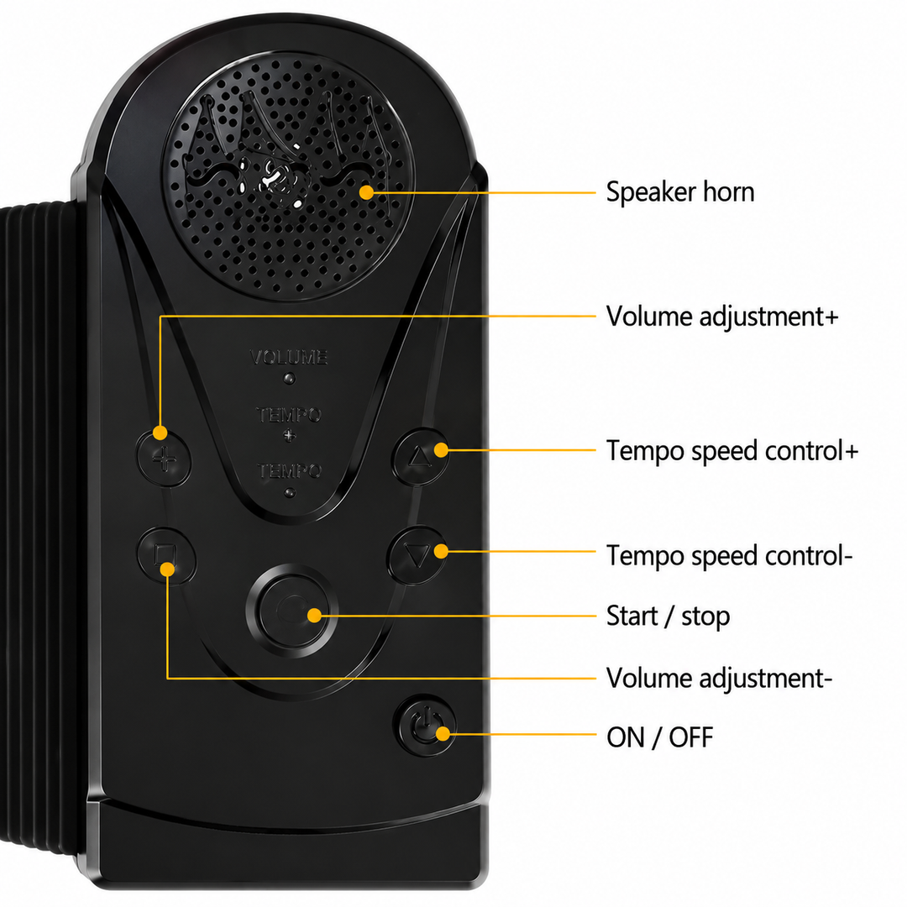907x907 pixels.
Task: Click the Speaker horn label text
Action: [x=680, y=192]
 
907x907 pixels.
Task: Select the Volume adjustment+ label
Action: [x=722, y=317]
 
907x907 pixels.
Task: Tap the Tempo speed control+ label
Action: [x=732, y=451]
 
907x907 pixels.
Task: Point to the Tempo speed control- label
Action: [x=730, y=556]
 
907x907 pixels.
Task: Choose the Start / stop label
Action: [x=668, y=616]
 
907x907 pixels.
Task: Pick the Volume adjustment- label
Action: [x=719, y=679]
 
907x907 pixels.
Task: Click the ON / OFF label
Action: [x=659, y=737]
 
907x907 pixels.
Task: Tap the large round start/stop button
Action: [x=292, y=611]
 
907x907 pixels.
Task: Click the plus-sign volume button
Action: [x=165, y=459]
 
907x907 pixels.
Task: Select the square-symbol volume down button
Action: [x=166, y=554]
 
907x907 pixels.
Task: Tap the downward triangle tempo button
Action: [x=417, y=555]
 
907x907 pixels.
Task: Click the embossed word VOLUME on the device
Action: [x=289, y=357]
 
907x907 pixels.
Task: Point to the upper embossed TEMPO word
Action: [x=289, y=415]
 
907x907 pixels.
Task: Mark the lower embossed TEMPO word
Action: [x=289, y=471]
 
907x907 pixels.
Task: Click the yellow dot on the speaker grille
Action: [x=366, y=192]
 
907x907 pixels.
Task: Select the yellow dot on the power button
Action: [x=443, y=734]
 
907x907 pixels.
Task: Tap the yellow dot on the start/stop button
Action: [x=315, y=616]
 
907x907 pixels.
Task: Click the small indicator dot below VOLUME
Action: [x=289, y=379]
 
